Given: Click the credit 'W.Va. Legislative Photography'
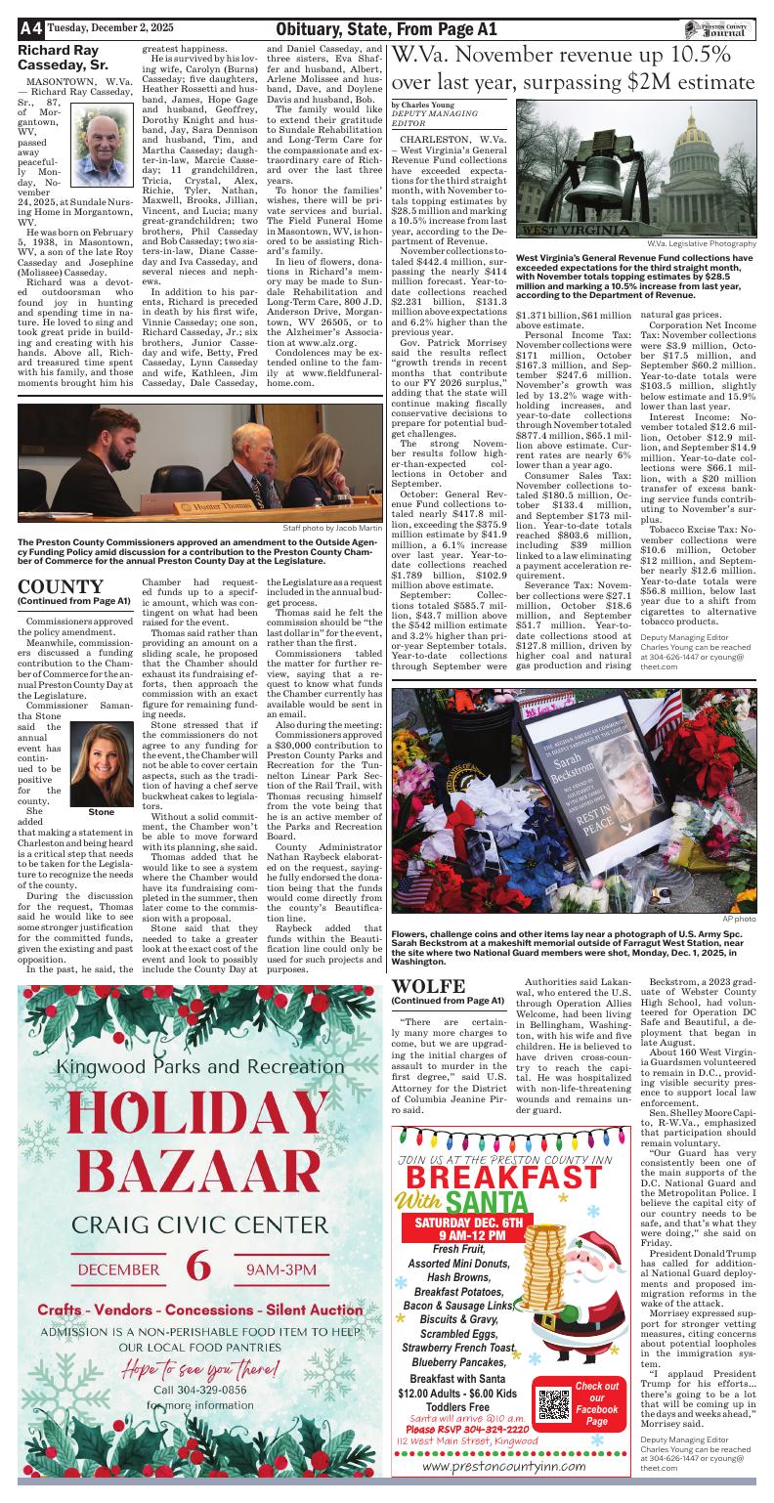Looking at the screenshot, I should click(x=701, y=243).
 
